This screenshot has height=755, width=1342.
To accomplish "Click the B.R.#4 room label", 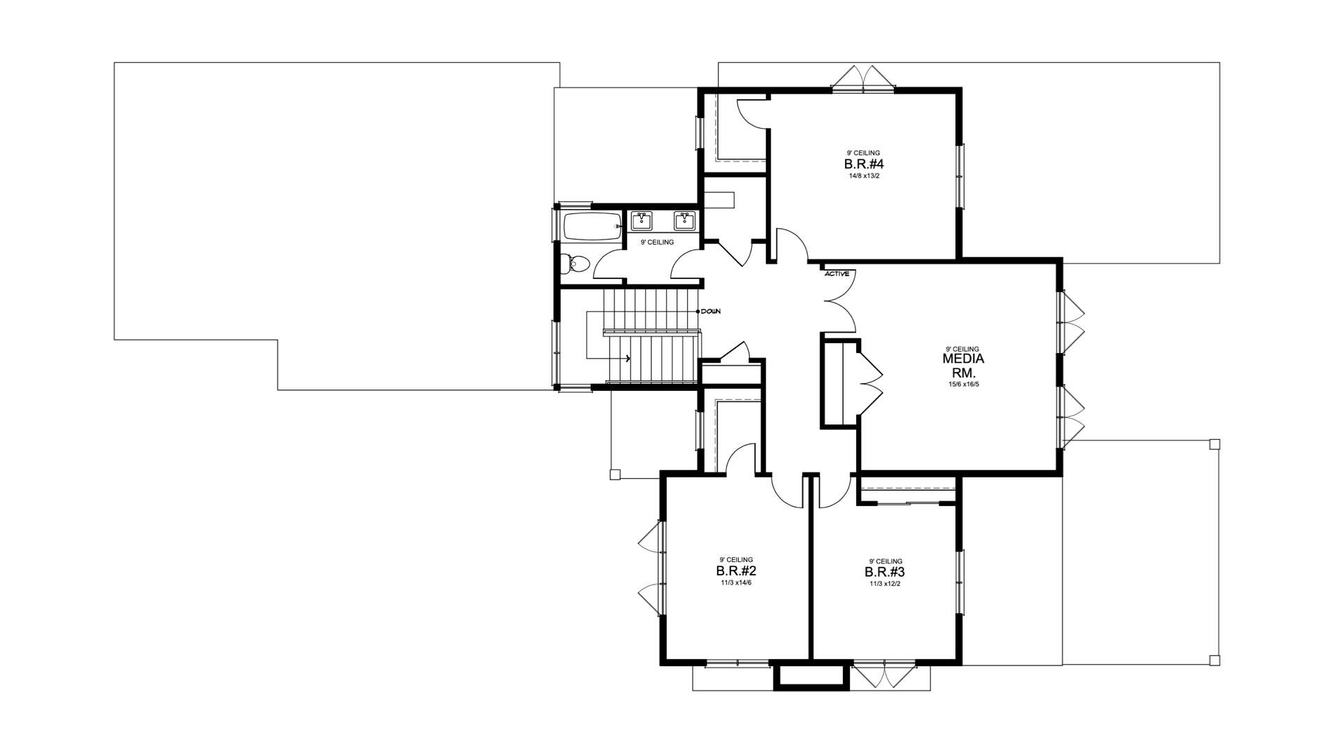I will coord(864,164).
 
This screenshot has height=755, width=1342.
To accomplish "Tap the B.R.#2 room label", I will coord(736,570).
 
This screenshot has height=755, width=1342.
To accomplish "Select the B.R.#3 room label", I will coord(886,572).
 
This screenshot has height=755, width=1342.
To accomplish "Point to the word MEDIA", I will coord(963,359).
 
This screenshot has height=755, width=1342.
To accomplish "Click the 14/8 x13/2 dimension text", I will coord(864,176).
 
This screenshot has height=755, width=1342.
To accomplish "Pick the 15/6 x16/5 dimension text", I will coord(963,384).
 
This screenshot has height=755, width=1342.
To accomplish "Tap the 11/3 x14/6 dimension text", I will coord(736,583).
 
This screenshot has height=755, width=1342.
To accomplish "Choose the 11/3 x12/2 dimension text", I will coord(886,584).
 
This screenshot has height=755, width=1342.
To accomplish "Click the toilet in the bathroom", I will coord(575,264).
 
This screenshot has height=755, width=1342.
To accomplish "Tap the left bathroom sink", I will coord(642,222).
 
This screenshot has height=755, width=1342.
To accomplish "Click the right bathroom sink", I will coord(684,222).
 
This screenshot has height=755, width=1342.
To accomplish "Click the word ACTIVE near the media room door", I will coord(837,274).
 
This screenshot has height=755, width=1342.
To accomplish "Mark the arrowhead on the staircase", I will coord(628,359).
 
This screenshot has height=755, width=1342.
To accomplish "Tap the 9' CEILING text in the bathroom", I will coord(657,243).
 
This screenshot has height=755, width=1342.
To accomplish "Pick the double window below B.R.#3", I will coord(885,675).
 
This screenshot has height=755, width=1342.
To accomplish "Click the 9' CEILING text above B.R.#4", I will coord(864,152).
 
